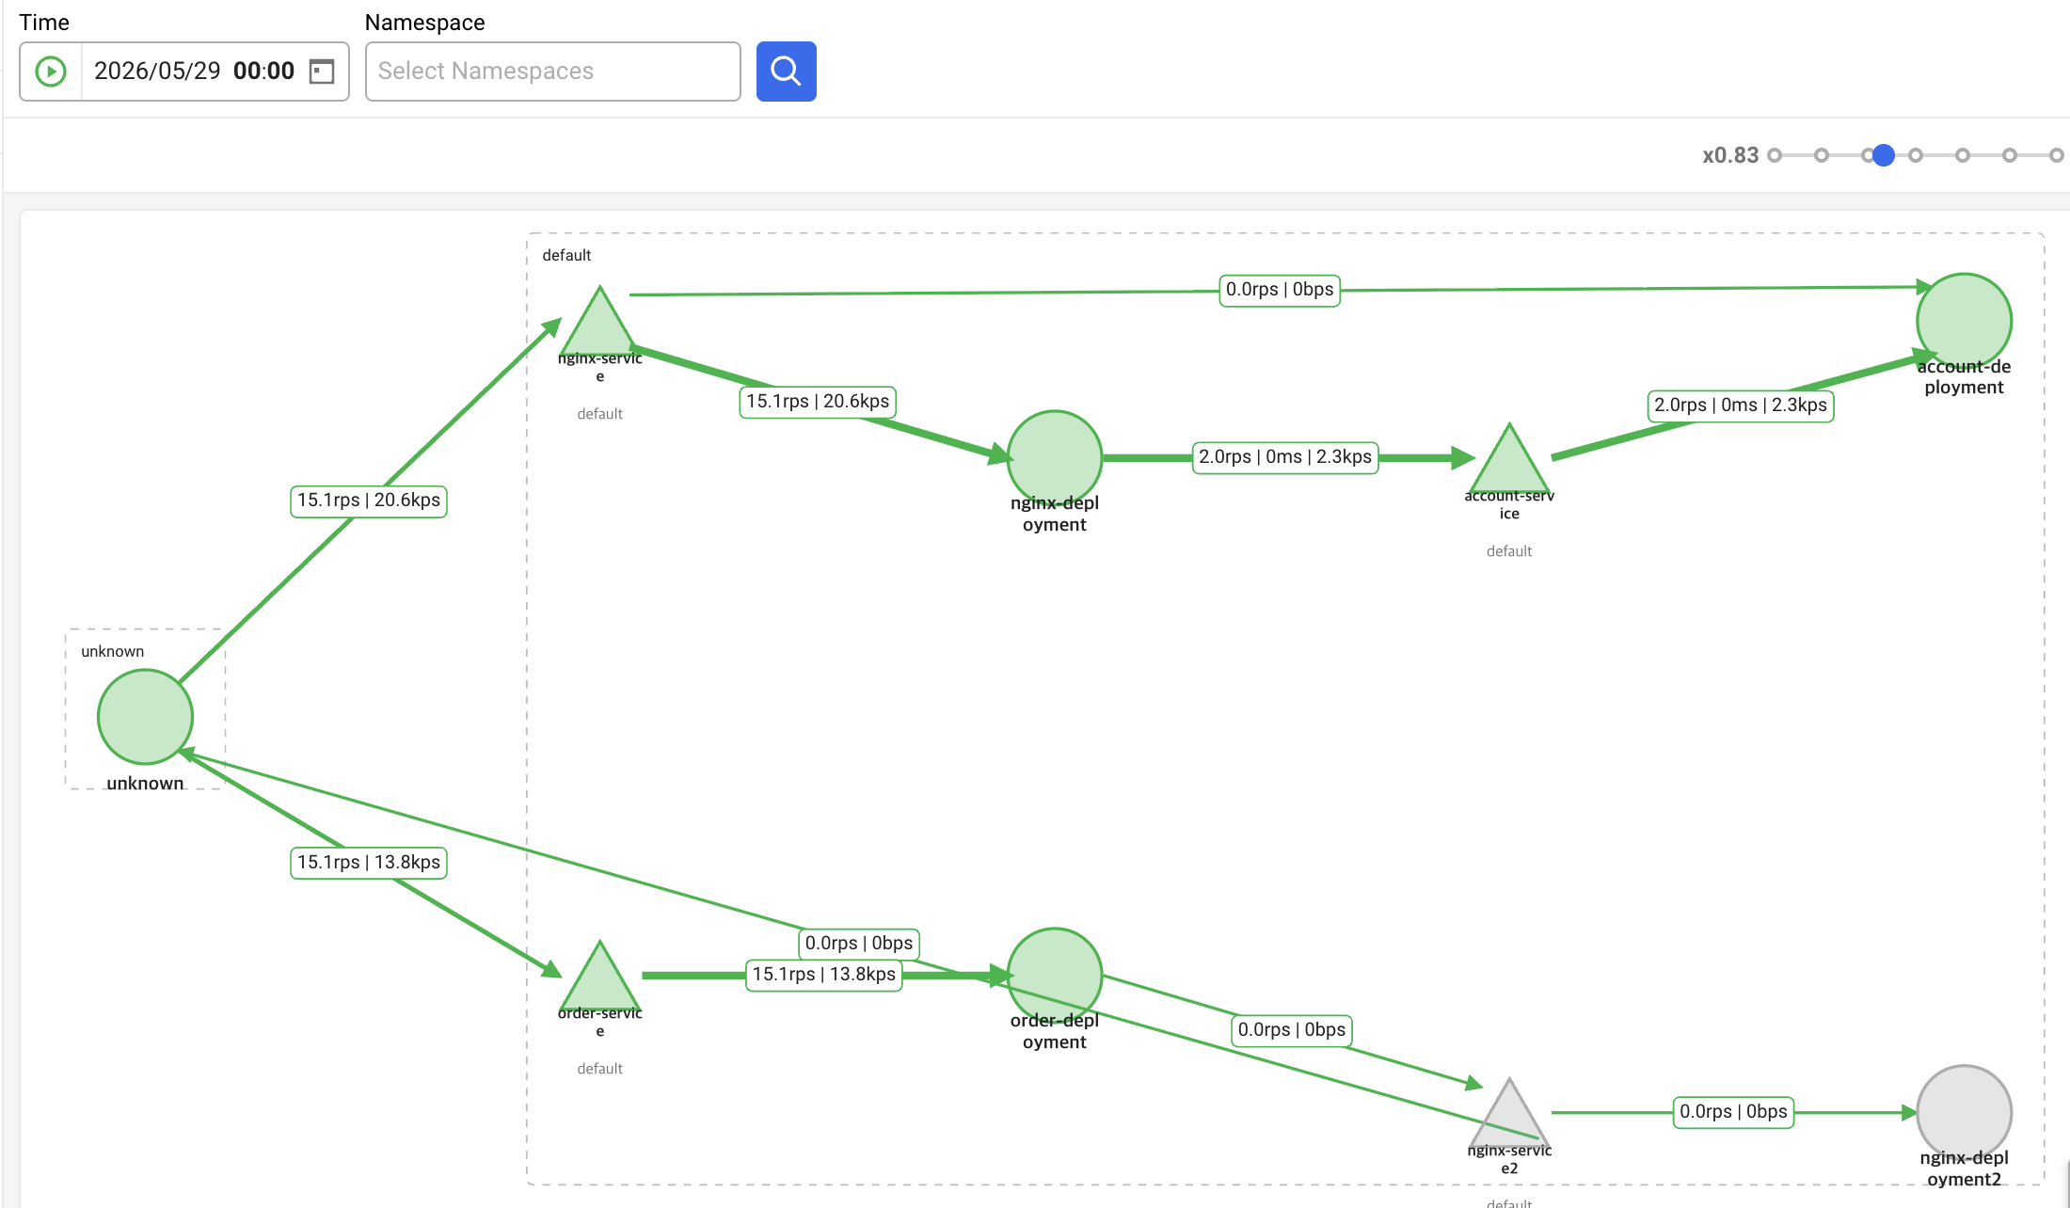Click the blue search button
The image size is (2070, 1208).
pyautogui.click(x=786, y=72)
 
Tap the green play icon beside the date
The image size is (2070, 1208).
pyautogui.click(x=51, y=72)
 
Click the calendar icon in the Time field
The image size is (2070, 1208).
pyautogui.click(x=322, y=72)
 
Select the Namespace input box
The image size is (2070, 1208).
pyautogui.click(x=552, y=72)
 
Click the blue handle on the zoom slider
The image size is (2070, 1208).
pyautogui.click(x=1883, y=155)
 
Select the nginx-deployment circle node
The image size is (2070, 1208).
pyautogui.click(x=1055, y=458)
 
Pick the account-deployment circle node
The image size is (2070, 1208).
pyautogui.click(x=1964, y=321)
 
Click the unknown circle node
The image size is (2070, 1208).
pyautogui.click(x=146, y=717)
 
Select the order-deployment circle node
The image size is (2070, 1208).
pyautogui.click(x=1055, y=976)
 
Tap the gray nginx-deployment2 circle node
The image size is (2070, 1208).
pyautogui.click(x=1964, y=1113)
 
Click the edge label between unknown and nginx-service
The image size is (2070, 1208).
pyautogui.click(x=369, y=501)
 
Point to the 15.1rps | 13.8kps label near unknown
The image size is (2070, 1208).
pyautogui.click(x=369, y=863)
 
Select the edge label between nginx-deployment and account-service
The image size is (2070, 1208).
pyautogui.click(x=1285, y=457)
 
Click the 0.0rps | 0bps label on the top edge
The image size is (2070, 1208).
pyautogui.click(x=1280, y=290)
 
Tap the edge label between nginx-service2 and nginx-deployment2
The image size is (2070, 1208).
pyautogui.click(x=1733, y=1112)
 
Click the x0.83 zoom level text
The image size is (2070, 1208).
pyautogui.click(x=1730, y=155)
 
